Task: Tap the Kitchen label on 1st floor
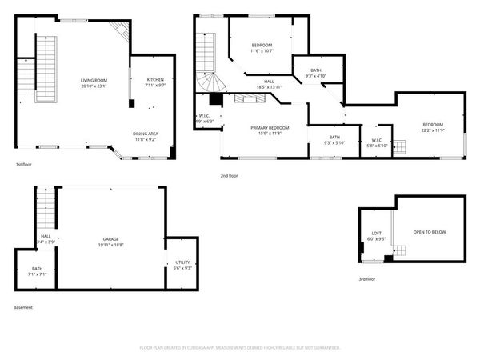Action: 155,81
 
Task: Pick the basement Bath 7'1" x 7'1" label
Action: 38,271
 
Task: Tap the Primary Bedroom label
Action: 270,130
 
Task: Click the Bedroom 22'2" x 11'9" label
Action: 433,127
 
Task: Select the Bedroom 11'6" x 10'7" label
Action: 262,47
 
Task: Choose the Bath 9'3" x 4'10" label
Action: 316,73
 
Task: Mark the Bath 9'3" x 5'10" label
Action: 333,140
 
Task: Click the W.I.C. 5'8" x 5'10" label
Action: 376,142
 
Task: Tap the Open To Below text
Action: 429,232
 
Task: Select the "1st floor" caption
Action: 23,165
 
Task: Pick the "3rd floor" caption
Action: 366,279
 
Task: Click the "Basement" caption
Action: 23,307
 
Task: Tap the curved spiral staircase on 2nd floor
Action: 210,82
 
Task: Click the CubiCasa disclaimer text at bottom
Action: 240,348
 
